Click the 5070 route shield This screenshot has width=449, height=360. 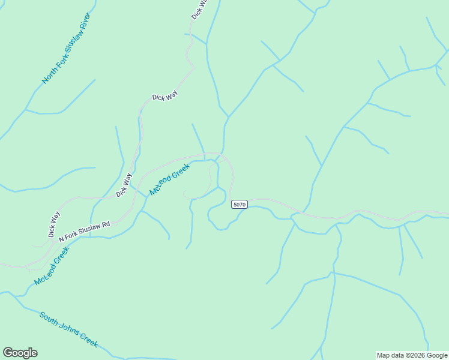tap(240, 205)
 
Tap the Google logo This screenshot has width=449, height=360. tap(20, 353)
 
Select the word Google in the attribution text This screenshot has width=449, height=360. tap(436, 356)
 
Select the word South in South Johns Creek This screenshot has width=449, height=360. tap(50, 319)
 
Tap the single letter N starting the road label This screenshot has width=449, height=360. tap(61, 239)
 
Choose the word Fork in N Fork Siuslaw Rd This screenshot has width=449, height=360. tap(71, 235)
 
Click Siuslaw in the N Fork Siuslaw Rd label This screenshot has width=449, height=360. tap(89, 229)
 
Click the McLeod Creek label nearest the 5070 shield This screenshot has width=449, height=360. tap(169, 179)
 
